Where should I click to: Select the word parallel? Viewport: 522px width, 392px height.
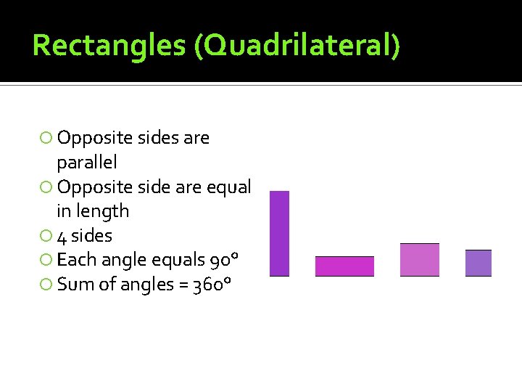pos(86,162)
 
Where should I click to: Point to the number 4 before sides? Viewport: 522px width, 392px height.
pos(62,236)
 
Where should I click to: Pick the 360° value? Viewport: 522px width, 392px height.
pos(212,285)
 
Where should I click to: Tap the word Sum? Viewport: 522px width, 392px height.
pos(72,285)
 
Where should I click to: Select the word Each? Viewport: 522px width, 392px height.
pos(73,260)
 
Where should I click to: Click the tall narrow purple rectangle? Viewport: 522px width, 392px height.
pos(279,233)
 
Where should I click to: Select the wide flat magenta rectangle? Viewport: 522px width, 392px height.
pos(344,266)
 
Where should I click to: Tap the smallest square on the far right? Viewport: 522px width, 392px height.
pos(478,263)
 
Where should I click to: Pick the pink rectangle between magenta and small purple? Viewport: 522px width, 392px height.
pos(419,259)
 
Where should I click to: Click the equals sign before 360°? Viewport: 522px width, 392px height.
pos(182,285)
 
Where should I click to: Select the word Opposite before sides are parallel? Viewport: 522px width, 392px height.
pos(87,138)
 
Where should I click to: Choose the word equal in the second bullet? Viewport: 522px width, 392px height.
pos(230,187)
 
